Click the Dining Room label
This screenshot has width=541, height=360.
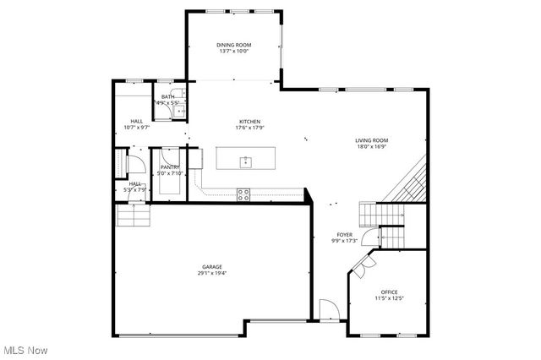point(234,45)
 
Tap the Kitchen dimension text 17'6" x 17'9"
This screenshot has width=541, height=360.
point(249,128)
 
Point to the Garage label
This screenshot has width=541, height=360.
point(211,266)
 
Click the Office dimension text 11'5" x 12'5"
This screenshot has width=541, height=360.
point(389,298)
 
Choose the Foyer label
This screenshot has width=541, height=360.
point(345,235)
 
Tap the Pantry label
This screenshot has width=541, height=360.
point(170,167)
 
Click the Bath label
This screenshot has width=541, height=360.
point(168,97)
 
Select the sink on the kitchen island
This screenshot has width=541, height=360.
point(246,160)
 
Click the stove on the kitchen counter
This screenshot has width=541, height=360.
point(243,194)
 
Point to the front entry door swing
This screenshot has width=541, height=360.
point(331,310)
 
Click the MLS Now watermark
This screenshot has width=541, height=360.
point(25,350)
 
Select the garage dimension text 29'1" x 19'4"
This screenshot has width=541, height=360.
point(211,274)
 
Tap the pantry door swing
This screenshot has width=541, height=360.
point(170,155)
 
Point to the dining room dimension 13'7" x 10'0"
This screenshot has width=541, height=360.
point(234,52)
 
